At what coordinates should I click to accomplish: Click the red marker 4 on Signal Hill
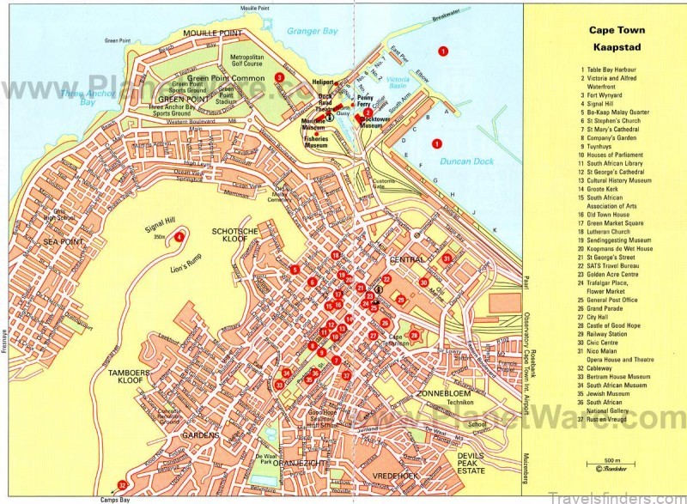(x=179, y=237)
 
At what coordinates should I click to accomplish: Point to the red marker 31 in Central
(x=446, y=258)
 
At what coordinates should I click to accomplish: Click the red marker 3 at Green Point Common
(x=279, y=77)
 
